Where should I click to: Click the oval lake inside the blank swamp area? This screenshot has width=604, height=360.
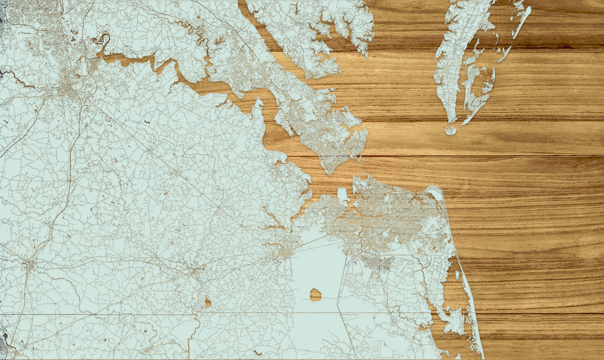coord(316,294)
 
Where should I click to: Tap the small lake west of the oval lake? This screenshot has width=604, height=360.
coord(208,302)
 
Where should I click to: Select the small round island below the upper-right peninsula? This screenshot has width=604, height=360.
coord(451,130)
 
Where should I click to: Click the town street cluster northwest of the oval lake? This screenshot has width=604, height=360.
coord(285,252)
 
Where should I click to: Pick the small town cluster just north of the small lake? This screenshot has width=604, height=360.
coord(196,272)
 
